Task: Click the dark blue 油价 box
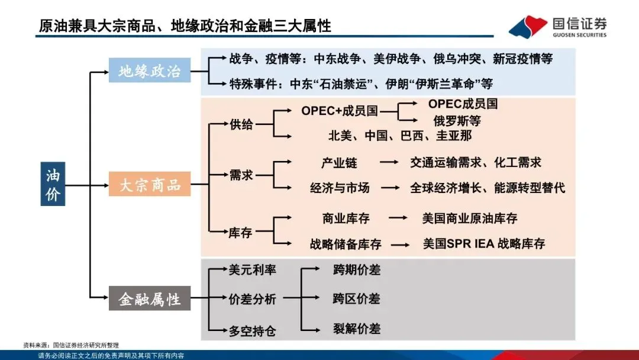[53, 184]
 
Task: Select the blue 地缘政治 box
[149, 72]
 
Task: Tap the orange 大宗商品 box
[150, 185]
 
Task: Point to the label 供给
[241, 124]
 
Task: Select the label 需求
[241, 175]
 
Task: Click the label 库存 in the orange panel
[240, 233]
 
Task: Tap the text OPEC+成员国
[339, 111]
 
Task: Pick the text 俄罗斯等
[457, 121]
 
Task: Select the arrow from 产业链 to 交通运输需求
[389, 162]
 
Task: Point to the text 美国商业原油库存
[470, 218]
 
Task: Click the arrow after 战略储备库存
[401, 244]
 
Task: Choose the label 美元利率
[252, 270]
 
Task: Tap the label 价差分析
[252, 299]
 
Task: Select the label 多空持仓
[252, 330]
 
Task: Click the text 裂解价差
[356, 328]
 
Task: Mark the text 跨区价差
[356, 298]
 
